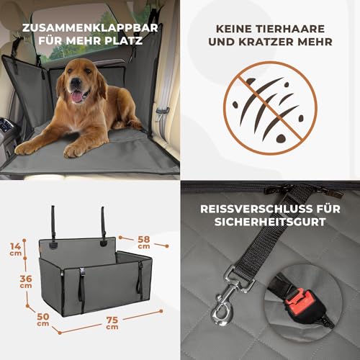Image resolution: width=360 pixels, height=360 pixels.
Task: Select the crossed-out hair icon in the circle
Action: pos(269,108)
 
